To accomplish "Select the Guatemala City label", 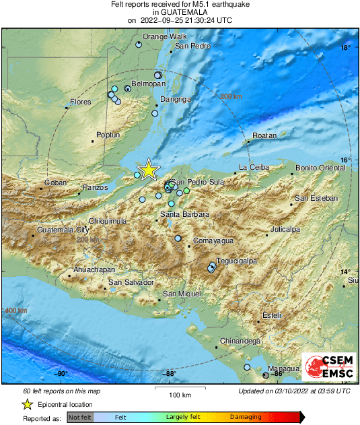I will pos(63,230).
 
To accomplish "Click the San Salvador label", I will pos(132,282).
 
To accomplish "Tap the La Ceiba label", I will pos(254,167).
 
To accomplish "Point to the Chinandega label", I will pos(240,341).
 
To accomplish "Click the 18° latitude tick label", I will pos(345,48).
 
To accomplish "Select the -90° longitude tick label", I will pos(61,374).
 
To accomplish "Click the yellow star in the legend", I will pos(27,404).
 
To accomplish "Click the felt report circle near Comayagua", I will pos(178,238).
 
